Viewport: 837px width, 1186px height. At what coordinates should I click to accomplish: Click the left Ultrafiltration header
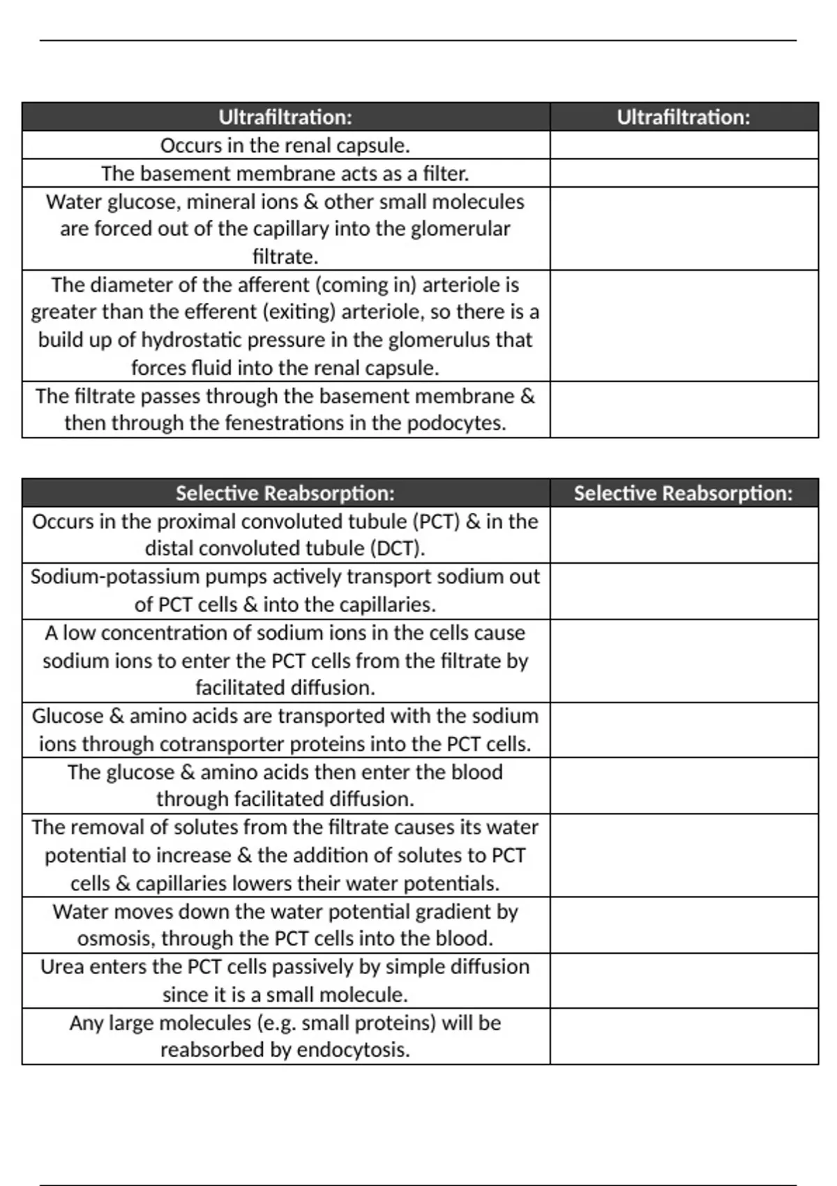pyautogui.click(x=285, y=117)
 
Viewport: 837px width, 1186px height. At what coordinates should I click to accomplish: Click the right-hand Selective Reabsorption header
pyautogui.click(x=683, y=493)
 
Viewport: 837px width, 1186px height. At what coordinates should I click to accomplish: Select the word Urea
pyautogui.click(x=62, y=966)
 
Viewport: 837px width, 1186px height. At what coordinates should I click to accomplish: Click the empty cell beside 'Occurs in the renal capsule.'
pyautogui.click(x=684, y=145)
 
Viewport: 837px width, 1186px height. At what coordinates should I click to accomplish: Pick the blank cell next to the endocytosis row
pyautogui.click(x=684, y=1036)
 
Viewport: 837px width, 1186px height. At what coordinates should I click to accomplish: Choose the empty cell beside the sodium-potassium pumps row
pyautogui.click(x=684, y=591)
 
